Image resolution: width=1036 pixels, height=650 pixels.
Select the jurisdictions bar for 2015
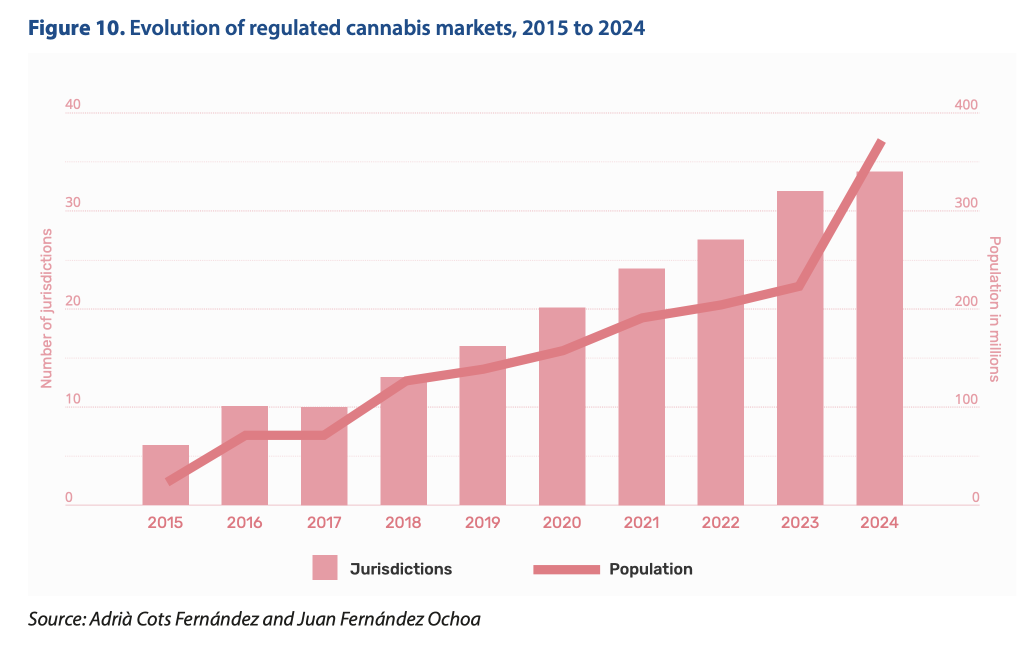[165, 475]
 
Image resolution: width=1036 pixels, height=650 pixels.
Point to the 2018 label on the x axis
[403, 523]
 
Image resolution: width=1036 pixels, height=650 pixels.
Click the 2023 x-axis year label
[800, 523]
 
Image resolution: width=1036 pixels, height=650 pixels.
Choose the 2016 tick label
[244, 523]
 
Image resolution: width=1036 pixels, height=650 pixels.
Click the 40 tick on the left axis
[73, 104]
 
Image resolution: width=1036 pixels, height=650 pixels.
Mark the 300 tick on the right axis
[966, 203]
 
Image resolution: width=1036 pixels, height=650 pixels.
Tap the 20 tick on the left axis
[73, 301]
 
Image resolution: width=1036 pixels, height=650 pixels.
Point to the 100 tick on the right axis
[966, 399]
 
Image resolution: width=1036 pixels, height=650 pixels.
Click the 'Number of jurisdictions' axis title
[46, 308]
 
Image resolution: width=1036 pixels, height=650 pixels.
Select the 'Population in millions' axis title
[994, 309]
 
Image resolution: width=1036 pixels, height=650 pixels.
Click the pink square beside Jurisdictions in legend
[325, 567]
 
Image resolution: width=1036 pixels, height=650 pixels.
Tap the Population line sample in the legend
[566, 569]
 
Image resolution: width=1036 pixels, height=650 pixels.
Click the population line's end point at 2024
[881, 142]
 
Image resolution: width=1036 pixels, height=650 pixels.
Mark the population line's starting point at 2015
[168, 482]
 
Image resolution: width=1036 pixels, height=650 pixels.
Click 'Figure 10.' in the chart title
[76, 28]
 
